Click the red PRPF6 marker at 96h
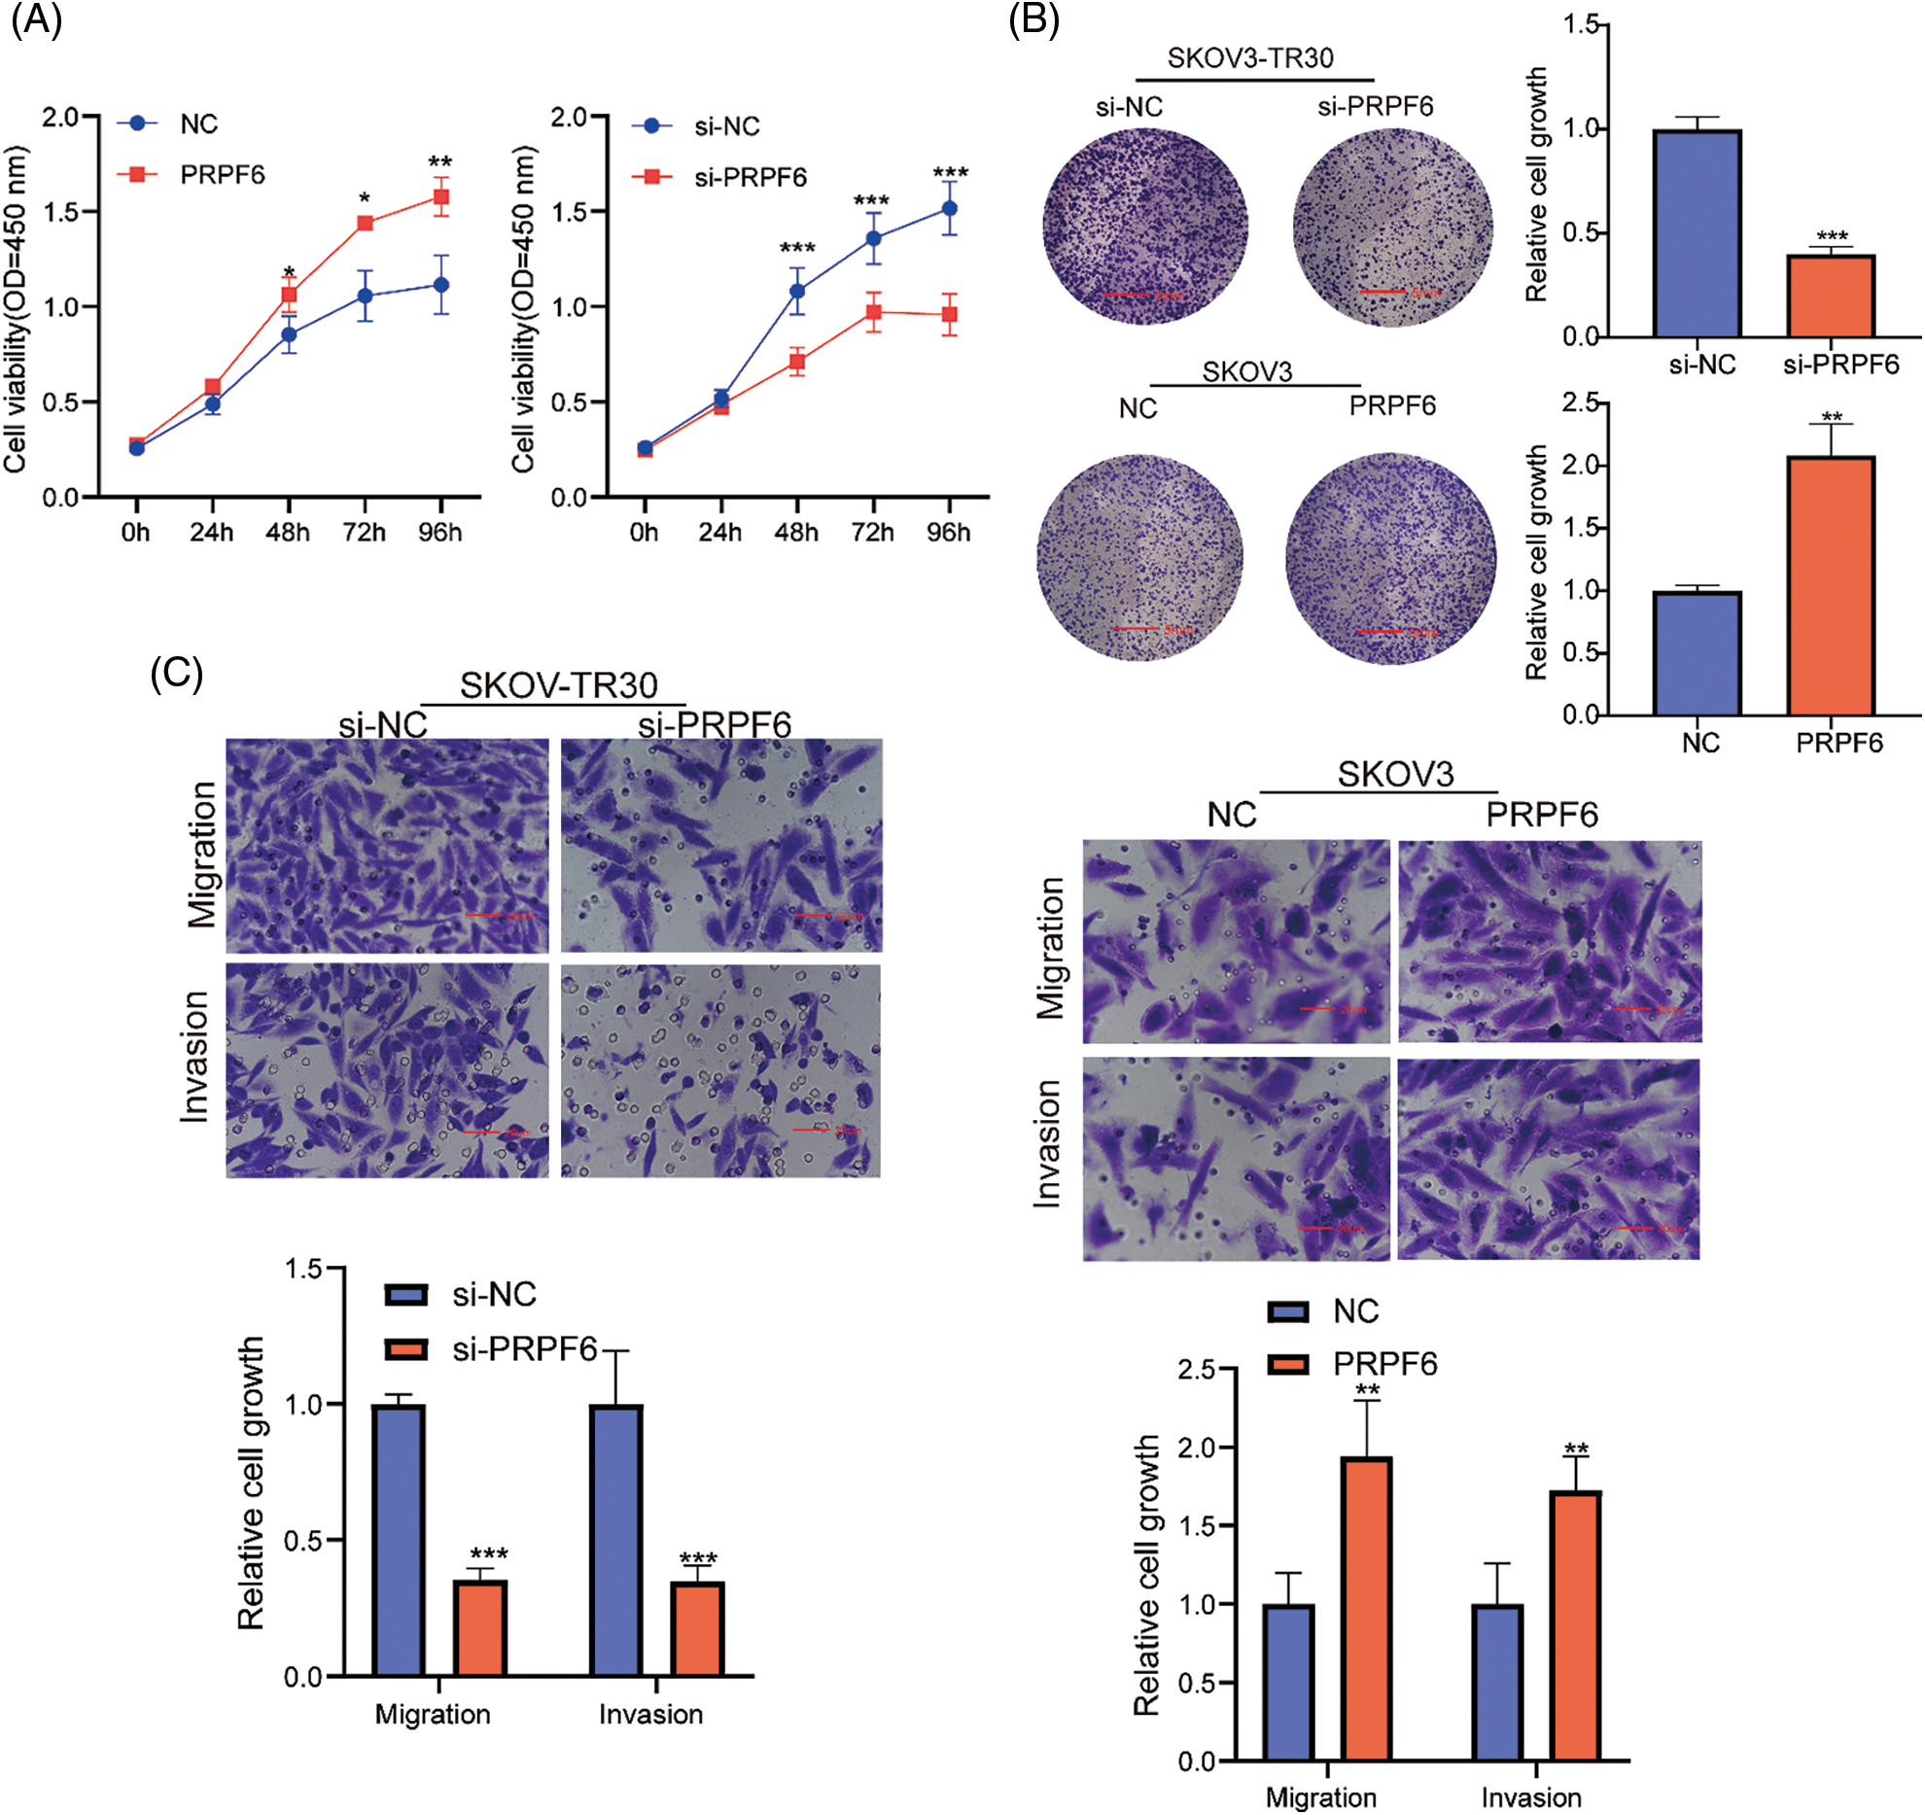pyautogui.click(x=441, y=197)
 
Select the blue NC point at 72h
pyautogui.click(x=366, y=296)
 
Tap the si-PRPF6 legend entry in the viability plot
pyautogui.click(x=749, y=177)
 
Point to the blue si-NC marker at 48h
pyautogui.click(x=797, y=290)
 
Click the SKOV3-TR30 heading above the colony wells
pyautogui.click(x=1250, y=58)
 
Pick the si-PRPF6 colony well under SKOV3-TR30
pyautogui.click(x=1392, y=227)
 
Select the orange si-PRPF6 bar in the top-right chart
pyautogui.click(x=1831, y=296)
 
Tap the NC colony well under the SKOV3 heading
pyautogui.click(x=1139, y=558)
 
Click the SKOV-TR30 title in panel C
pyautogui.click(x=558, y=685)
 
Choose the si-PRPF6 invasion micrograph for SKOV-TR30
pyautogui.click(x=720, y=1070)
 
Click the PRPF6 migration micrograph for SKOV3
pyautogui.click(x=1550, y=941)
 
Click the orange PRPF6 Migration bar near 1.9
pyautogui.click(x=1366, y=1608)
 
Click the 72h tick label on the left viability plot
pyautogui.click(x=364, y=533)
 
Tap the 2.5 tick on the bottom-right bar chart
pyautogui.click(x=1196, y=1370)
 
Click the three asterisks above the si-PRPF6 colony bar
pyautogui.click(x=1832, y=236)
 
